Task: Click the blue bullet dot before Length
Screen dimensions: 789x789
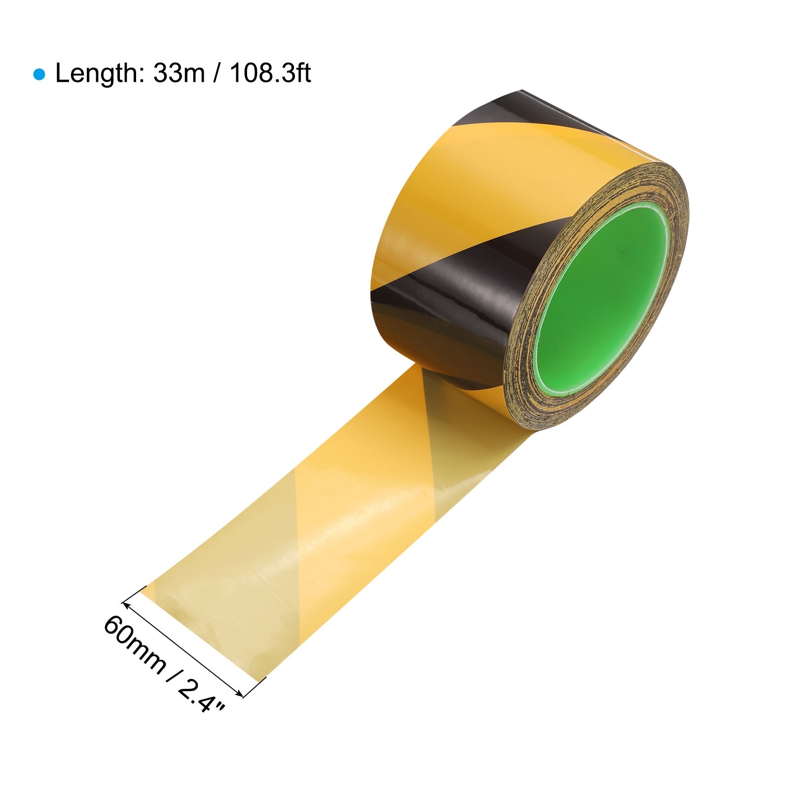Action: (x=39, y=75)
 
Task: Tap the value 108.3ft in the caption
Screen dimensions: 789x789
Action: (x=270, y=74)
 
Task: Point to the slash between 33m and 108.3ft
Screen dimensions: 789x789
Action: (x=217, y=74)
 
